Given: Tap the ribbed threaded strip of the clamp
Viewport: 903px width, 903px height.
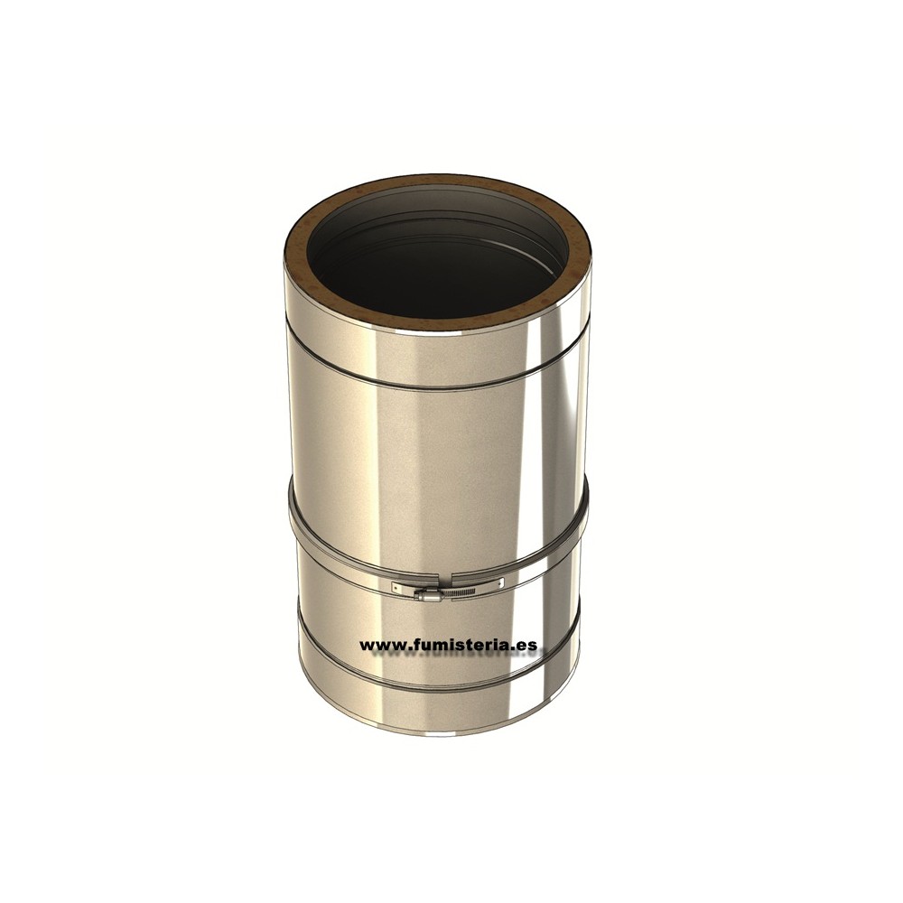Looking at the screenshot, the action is [458, 592].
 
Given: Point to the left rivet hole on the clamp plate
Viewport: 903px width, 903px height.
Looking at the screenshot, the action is [396, 588].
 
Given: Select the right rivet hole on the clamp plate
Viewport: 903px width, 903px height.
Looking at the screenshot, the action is [500, 582].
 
